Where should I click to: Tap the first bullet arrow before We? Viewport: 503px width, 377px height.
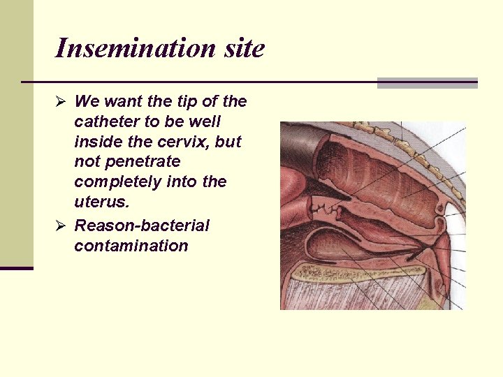[x=61, y=102]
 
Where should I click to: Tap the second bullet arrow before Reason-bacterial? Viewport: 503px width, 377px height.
[x=61, y=226]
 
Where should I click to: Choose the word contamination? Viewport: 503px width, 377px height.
[x=131, y=246]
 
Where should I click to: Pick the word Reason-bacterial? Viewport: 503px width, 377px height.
[x=142, y=226]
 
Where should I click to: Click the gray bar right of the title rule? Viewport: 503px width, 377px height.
[x=427, y=83]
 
